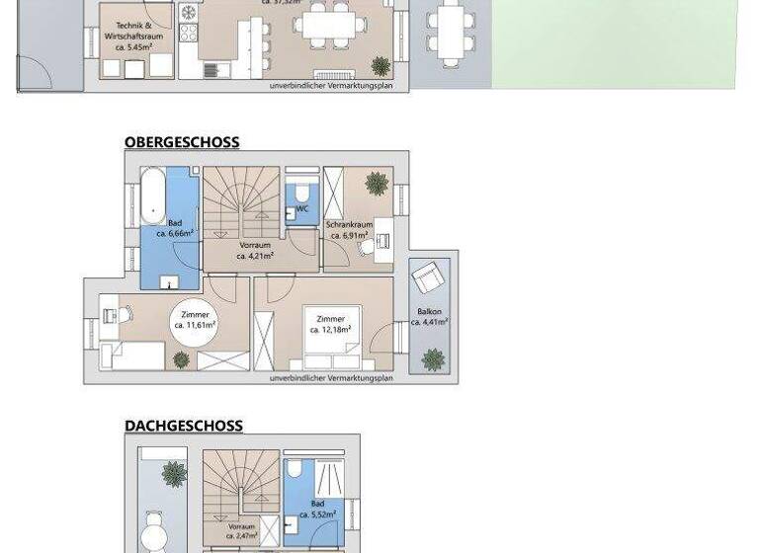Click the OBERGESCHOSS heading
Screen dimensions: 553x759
coord(182,142)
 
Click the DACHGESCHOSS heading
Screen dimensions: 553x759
coord(184,427)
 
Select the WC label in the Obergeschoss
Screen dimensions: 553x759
coord(302,209)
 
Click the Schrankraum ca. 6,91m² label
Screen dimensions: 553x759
coord(349,230)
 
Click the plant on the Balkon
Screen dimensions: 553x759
coord(433,358)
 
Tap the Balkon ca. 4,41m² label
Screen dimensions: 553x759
coord(430,317)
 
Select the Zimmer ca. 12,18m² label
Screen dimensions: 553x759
coord(330,324)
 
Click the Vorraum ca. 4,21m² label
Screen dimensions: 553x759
coord(254,250)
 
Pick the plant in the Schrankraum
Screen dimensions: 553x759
coord(377,184)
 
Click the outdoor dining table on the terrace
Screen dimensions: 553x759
coord(450,30)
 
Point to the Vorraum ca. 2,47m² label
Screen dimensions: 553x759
coord(242,532)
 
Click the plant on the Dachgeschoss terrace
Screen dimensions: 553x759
coord(174,474)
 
